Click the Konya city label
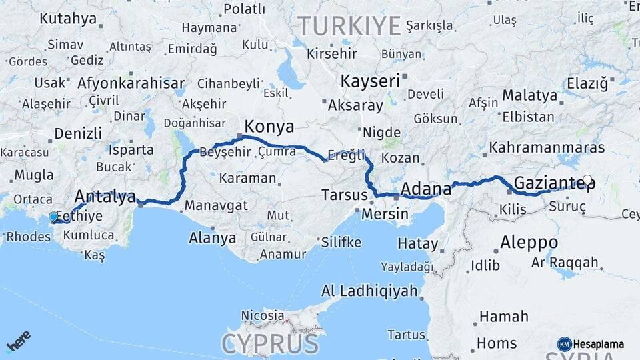tap(269, 126)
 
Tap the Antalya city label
tap(105, 196)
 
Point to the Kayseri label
tap(370, 81)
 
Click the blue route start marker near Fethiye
tap(53, 217)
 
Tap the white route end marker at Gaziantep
tap(587, 179)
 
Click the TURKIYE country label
tap(349, 26)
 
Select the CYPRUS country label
tap(270, 344)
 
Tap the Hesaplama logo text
tap(598, 344)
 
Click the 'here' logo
tap(18, 341)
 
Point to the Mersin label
tap(385, 215)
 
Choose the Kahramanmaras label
tap(547, 147)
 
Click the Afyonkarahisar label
tap(131, 83)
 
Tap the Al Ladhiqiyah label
tap(369, 291)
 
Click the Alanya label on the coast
tap(212, 237)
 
